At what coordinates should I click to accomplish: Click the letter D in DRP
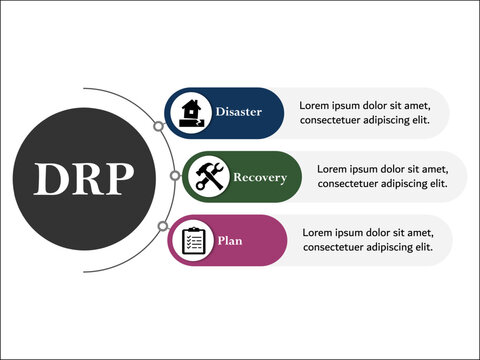click(x=51, y=179)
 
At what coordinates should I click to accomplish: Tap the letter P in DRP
click(x=117, y=179)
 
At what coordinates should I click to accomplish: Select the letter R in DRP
click(x=85, y=179)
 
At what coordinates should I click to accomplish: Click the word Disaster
click(x=238, y=112)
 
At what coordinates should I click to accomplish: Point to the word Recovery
click(x=259, y=177)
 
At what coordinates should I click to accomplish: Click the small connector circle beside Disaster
click(x=158, y=126)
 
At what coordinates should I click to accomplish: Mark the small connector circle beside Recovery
click(x=174, y=176)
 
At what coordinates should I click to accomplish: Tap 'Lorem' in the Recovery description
click(x=334, y=169)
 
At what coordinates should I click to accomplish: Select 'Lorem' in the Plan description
click(x=319, y=232)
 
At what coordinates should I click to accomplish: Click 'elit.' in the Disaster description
click(x=418, y=120)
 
